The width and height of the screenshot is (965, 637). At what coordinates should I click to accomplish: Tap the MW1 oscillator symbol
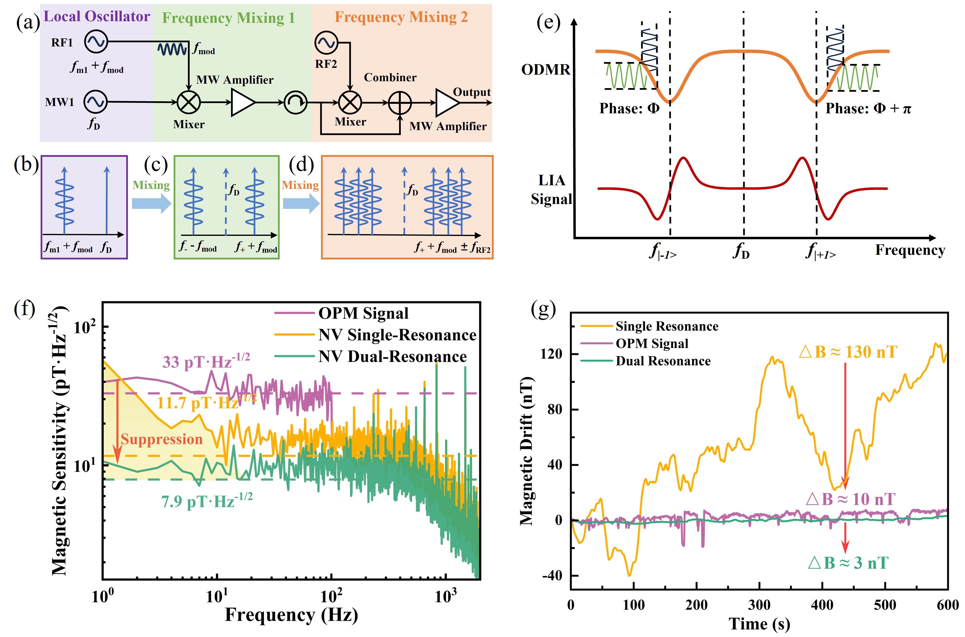click(96, 102)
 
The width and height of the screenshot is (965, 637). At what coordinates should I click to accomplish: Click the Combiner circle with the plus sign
click(400, 103)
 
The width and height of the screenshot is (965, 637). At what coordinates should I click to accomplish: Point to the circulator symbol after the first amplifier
click(295, 102)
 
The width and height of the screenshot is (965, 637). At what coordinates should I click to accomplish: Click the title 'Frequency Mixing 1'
click(228, 18)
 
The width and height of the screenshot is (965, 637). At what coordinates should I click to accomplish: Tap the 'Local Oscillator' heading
click(97, 17)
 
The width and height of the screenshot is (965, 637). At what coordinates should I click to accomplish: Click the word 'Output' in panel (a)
click(472, 92)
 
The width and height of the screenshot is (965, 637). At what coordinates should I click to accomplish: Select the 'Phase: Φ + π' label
click(868, 108)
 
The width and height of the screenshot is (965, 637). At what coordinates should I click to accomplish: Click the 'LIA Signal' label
click(551, 190)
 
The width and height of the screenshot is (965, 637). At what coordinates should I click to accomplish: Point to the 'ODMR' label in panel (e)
click(546, 70)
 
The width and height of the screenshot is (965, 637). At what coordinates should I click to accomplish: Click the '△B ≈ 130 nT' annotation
click(848, 352)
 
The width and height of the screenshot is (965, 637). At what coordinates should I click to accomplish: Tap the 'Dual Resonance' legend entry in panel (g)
click(663, 361)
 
